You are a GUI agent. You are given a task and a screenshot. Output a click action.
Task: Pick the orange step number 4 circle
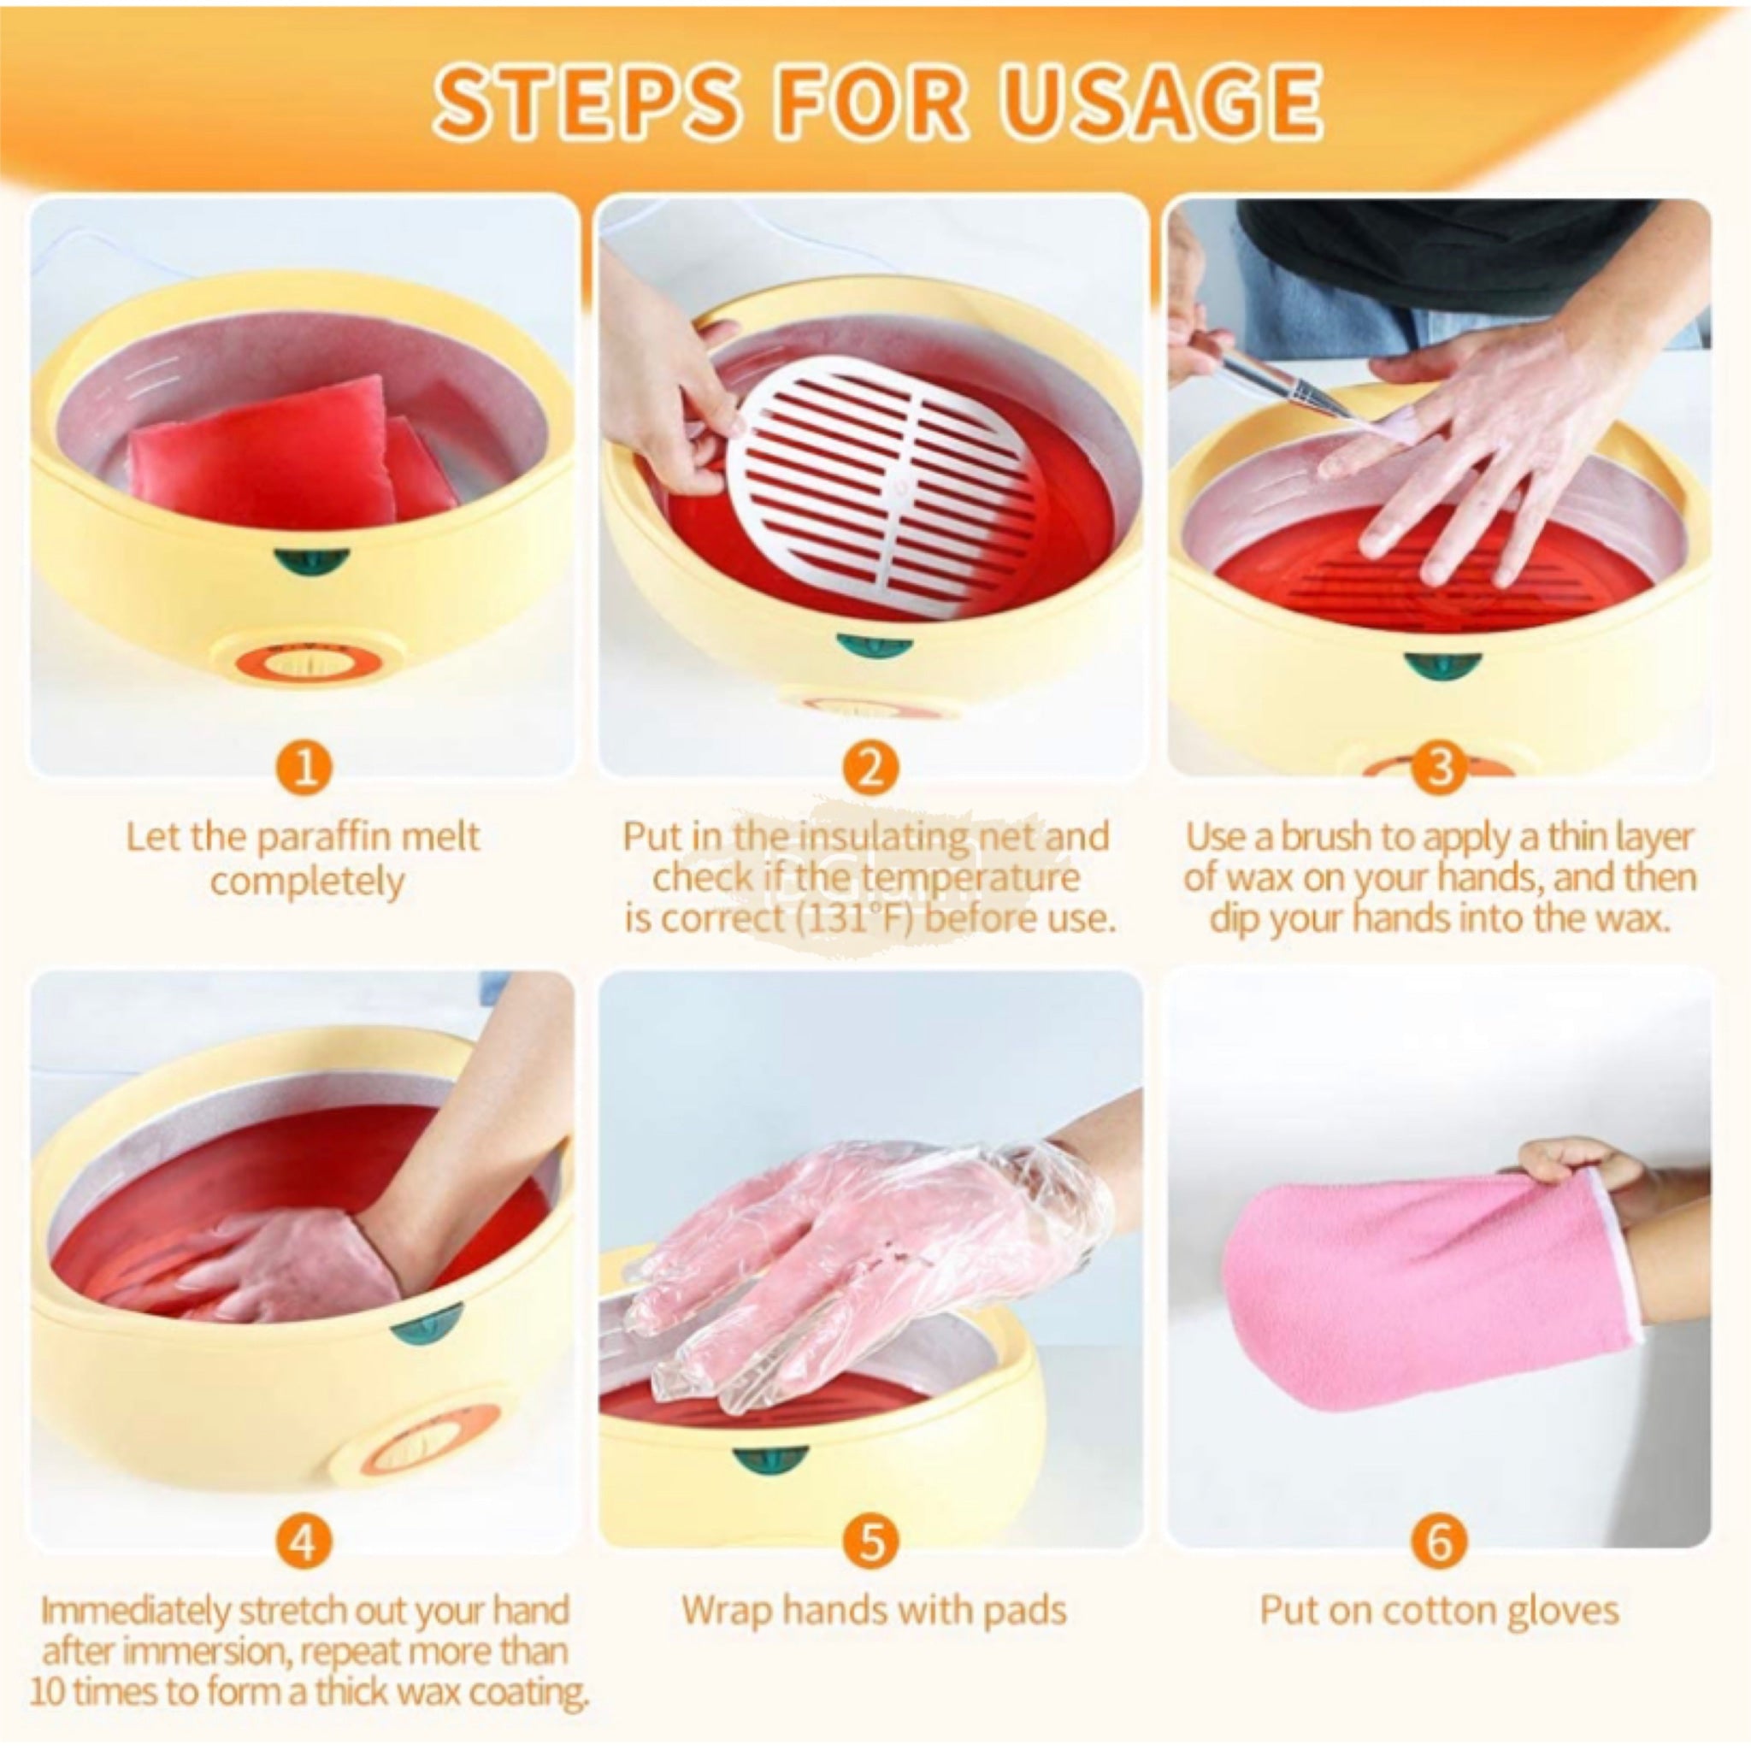[304, 1540]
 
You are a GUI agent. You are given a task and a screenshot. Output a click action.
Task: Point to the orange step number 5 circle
[870, 1540]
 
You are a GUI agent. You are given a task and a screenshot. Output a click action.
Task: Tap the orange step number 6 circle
[1439, 1540]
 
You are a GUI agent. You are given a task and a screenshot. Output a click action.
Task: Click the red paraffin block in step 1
[272, 453]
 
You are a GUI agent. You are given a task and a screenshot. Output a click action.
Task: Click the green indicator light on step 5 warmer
[770, 1459]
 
